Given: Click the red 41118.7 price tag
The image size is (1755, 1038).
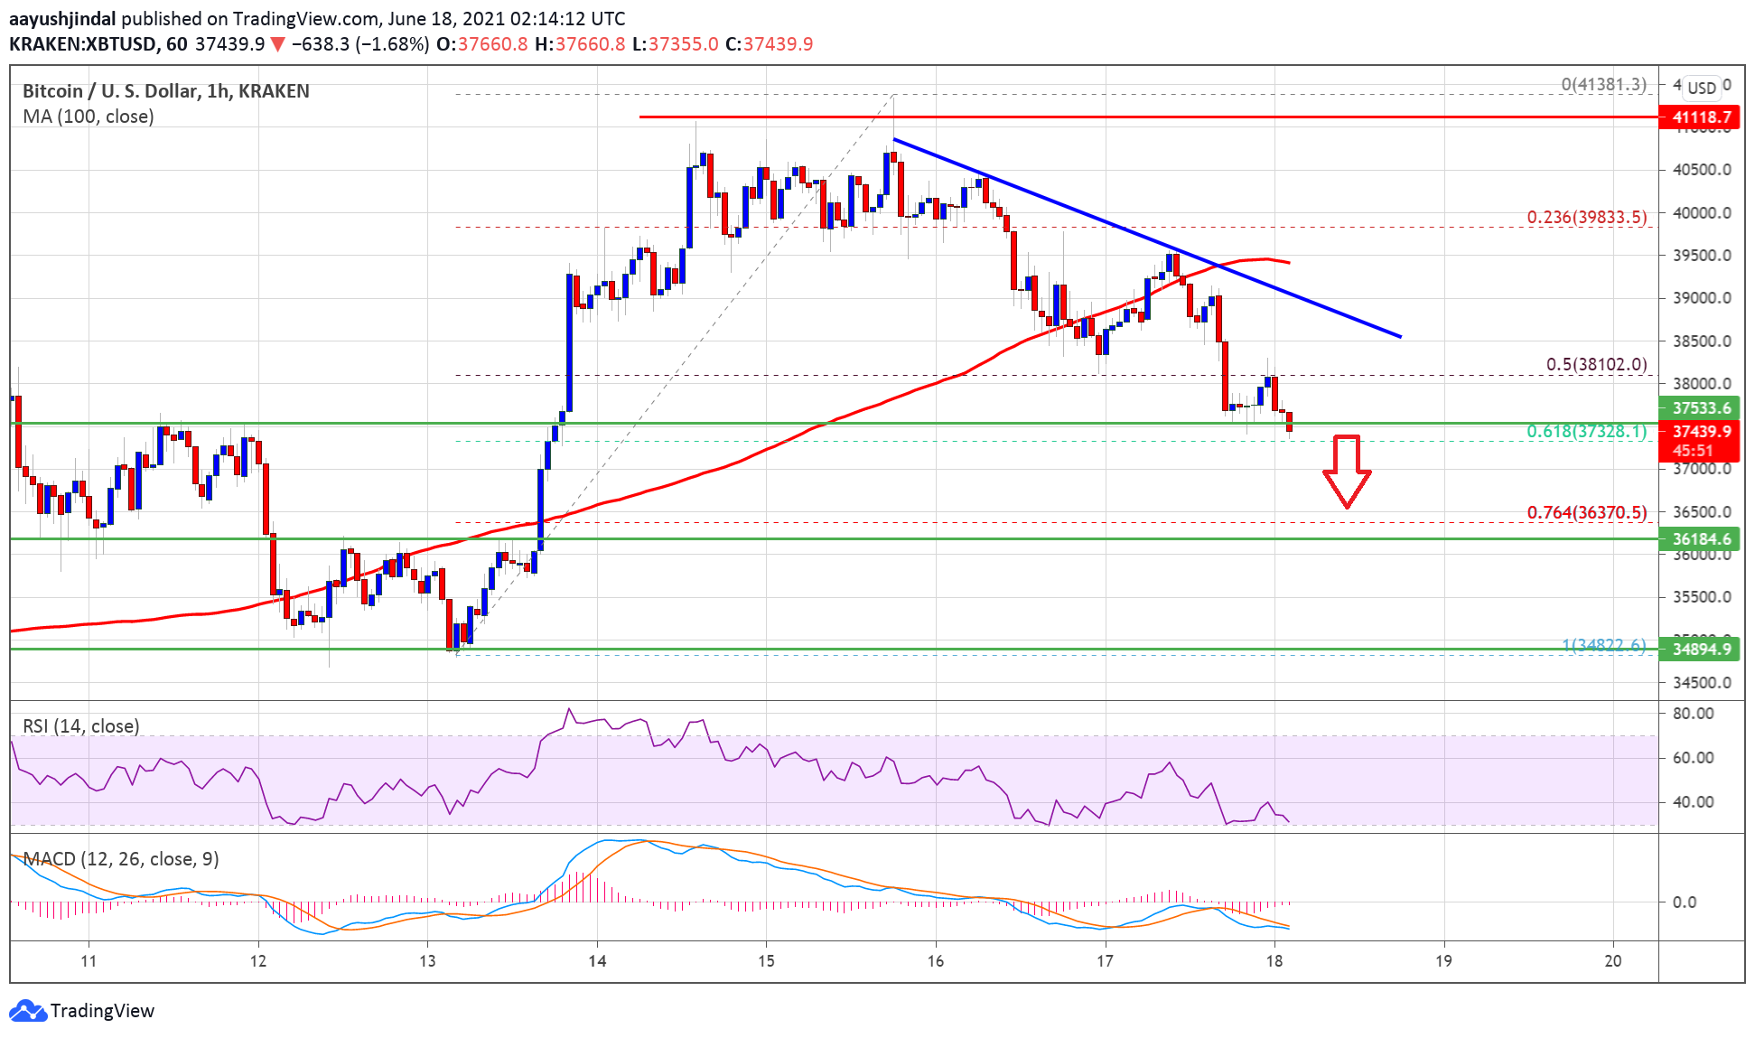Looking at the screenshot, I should click(x=1700, y=117).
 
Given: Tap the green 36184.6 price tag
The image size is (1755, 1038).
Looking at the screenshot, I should click(x=1700, y=539).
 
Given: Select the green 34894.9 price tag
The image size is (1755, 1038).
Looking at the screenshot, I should click(x=1700, y=649).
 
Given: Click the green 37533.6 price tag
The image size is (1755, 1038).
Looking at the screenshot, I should click(x=1700, y=408).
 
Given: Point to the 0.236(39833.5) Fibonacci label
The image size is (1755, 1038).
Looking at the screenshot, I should click(x=1586, y=217).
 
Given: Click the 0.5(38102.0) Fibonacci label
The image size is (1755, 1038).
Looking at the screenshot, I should click(x=1596, y=364).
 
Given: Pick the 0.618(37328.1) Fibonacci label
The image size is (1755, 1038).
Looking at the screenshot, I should click(x=1586, y=431).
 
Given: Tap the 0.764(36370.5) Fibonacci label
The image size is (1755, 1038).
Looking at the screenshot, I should click(x=1586, y=512).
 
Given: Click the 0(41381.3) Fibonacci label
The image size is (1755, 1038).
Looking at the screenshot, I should click(x=1603, y=84).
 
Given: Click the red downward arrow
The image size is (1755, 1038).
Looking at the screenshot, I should click(x=1347, y=471).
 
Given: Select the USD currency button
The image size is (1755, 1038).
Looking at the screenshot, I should click(x=1702, y=88).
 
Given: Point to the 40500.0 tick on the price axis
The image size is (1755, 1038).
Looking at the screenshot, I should click(x=1702, y=170).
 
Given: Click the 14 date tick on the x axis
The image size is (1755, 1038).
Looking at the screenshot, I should click(x=597, y=960).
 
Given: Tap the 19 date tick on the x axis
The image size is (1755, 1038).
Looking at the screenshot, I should click(x=1443, y=960).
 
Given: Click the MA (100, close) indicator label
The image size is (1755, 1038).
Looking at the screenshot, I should click(x=89, y=117).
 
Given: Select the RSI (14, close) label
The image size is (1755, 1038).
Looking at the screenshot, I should click(x=81, y=726).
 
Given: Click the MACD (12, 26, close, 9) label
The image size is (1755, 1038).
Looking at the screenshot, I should click(x=121, y=858).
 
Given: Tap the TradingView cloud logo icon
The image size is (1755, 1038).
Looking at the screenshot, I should click(x=28, y=1010).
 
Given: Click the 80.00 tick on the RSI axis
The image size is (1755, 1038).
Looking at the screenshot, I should click(x=1693, y=713).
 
